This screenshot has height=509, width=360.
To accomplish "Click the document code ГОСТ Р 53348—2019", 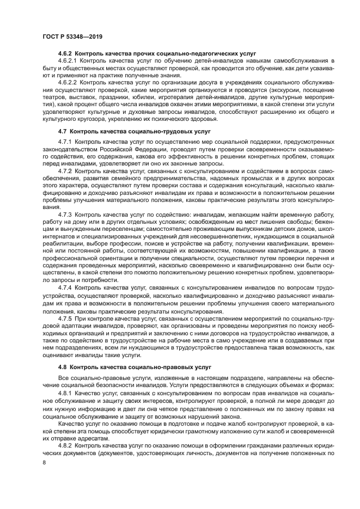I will (x=72, y=36).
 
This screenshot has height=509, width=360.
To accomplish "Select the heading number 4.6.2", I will (x=65, y=53).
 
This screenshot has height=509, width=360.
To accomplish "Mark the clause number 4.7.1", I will (x=65, y=142).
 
